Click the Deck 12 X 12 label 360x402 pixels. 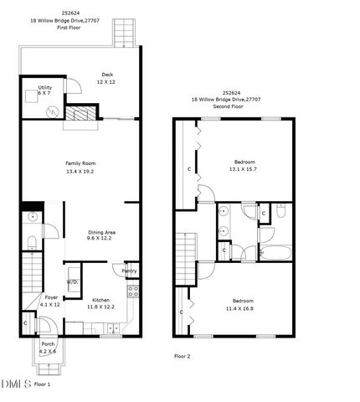point(106,78)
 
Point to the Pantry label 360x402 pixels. point(129,271)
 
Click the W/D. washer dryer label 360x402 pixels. point(73,282)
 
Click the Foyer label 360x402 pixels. point(50,300)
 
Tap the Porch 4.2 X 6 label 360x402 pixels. point(48,347)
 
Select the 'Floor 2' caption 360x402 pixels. point(182,357)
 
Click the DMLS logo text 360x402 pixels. point(16,384)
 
